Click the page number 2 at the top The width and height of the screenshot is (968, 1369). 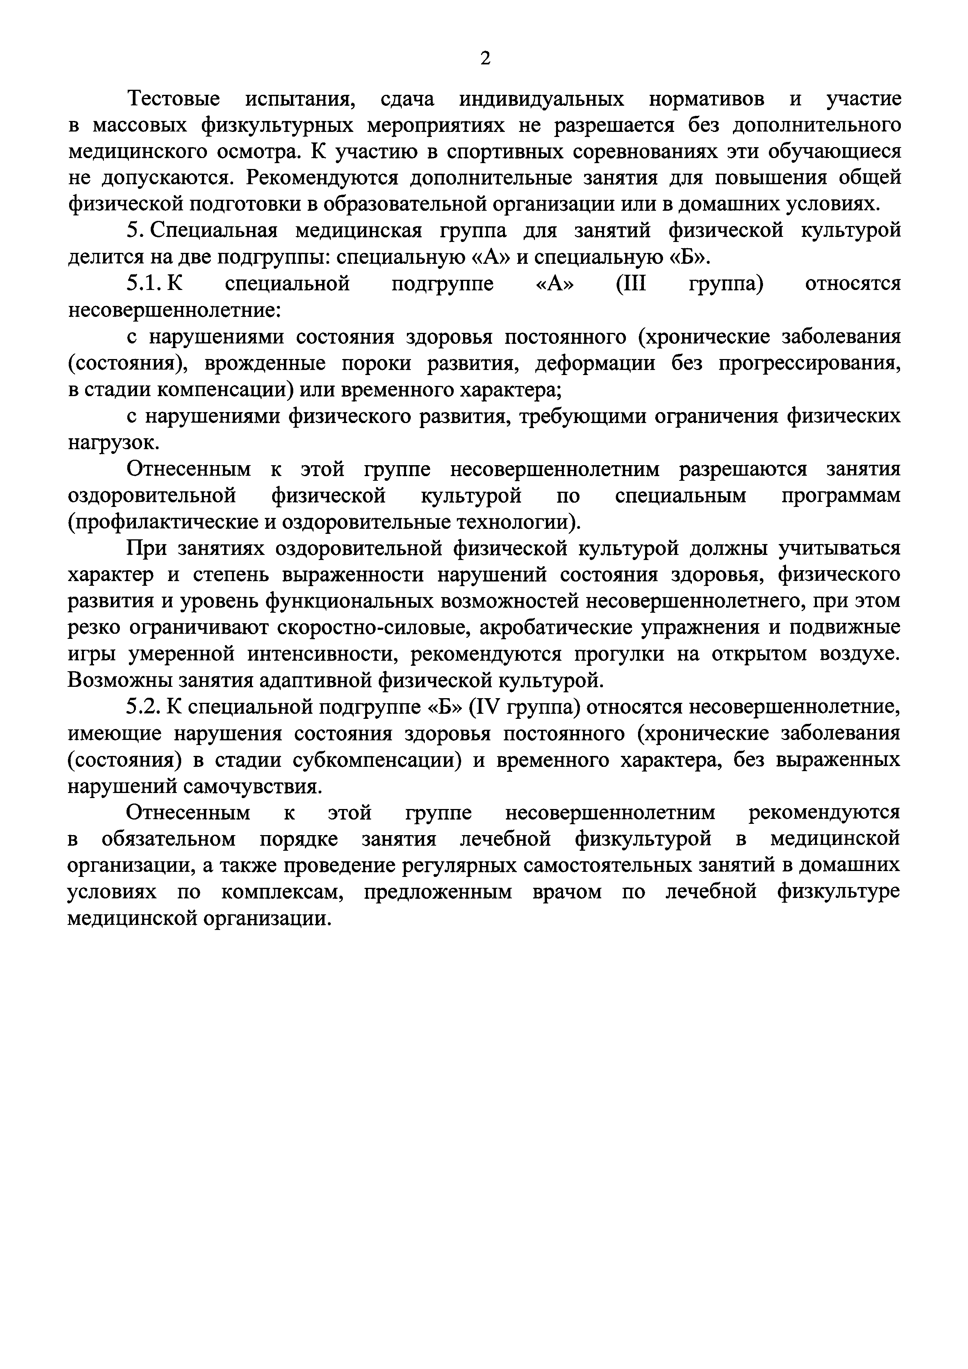pos(485,59)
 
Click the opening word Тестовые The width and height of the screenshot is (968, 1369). pos(173,99)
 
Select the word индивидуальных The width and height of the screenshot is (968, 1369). pos(542,99)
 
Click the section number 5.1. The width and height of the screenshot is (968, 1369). pos(142,284)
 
